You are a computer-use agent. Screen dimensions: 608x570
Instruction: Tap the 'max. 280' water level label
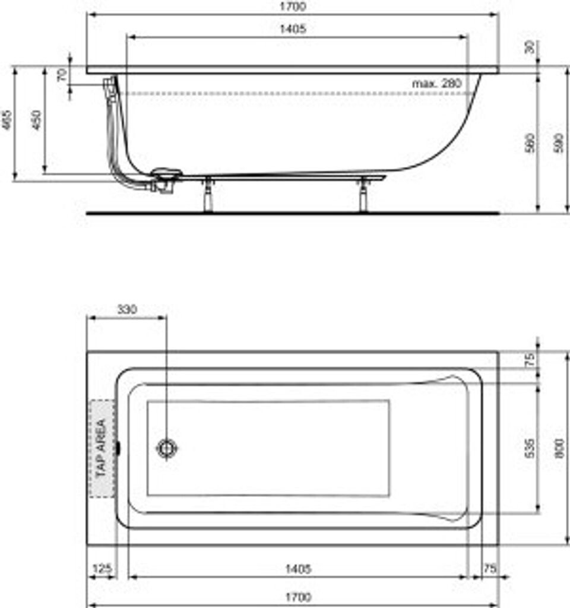click(436, 84)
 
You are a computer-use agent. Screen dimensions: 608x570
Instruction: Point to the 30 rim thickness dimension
click(530, 47)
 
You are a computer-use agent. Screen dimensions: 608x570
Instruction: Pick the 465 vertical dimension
click(7, 122)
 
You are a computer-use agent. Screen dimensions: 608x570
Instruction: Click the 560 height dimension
click(530, 142)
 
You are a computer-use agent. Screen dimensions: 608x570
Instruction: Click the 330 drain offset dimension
click(126, 309)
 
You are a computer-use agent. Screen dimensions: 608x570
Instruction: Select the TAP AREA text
click(100, 448)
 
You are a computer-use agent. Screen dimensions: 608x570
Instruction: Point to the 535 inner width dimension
click(530, 448)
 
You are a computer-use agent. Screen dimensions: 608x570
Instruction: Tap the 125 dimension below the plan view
click(102, 569)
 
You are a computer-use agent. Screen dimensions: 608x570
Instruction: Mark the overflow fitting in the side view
click(109, 84)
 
